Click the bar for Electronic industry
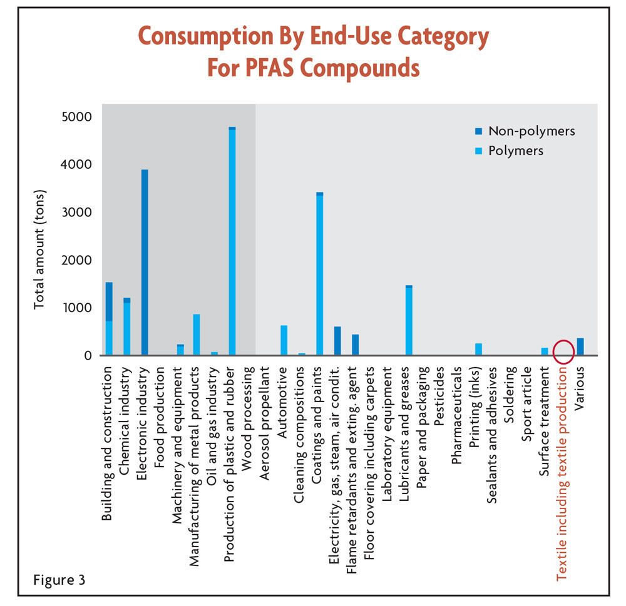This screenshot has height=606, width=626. (x=145, y=263)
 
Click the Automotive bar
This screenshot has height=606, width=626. (x=284, y=340)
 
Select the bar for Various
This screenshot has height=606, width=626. (x=580, y=346)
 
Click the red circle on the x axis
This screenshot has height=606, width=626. (x=563, y=351)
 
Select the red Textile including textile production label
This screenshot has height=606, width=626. (x=562, y=473)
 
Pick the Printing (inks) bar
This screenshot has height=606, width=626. (x=479, y=349)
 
